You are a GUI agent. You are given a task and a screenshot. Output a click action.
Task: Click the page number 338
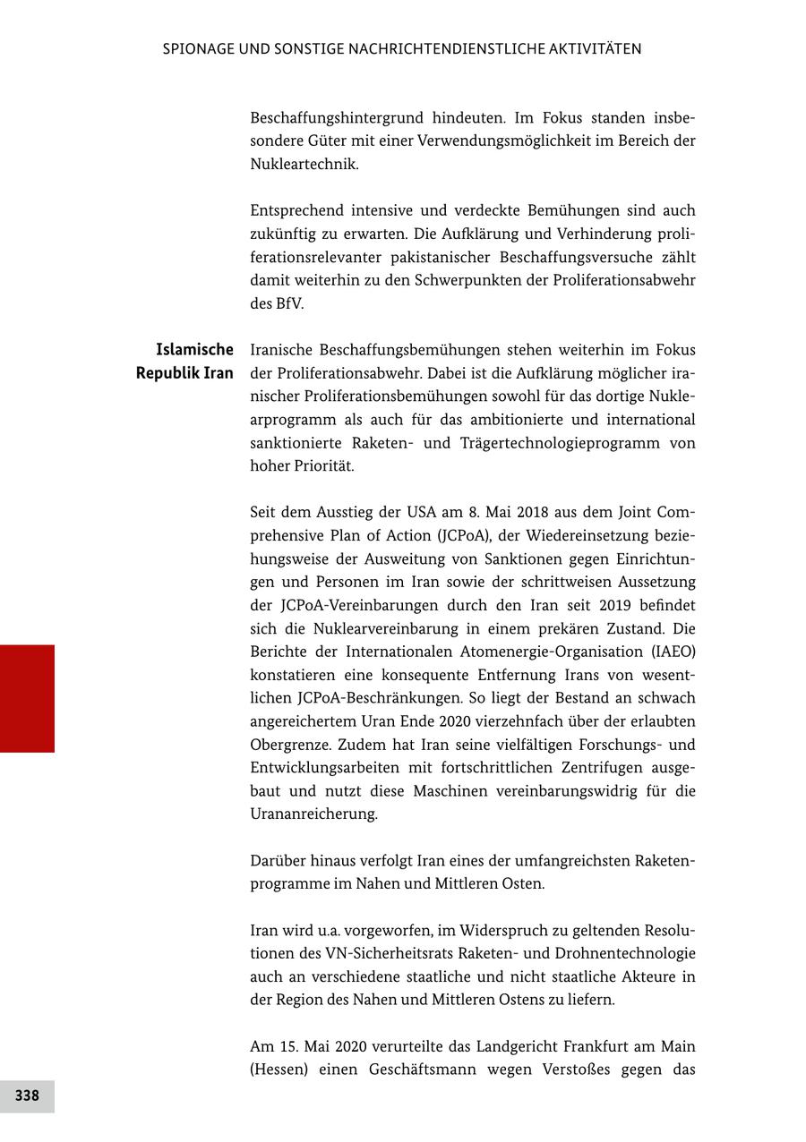point(27,1095)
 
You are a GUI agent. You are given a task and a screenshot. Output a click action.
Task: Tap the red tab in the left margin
point(27,698)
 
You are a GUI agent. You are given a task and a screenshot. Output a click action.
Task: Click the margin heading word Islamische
point(194,350)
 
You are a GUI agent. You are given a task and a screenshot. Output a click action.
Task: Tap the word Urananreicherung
point(313,814)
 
